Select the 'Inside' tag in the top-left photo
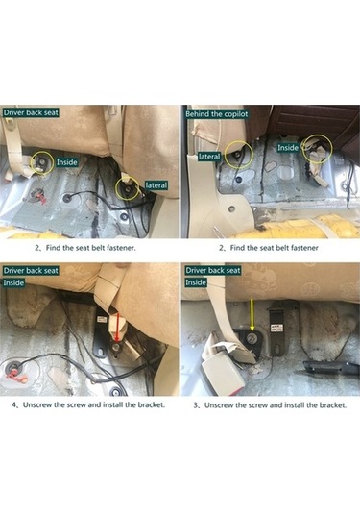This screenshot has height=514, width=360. coord(67,162)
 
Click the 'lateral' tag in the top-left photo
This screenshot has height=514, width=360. coord(156,184)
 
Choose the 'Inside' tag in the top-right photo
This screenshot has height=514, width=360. coord(289,147)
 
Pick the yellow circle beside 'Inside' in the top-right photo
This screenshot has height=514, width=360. coord(318,147)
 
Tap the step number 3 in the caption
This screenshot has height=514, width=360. coord(196,404)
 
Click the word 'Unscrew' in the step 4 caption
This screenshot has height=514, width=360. coord(41,404)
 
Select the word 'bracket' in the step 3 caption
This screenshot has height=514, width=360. coord(325,404)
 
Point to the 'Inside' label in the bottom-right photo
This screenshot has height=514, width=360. coord(196,283)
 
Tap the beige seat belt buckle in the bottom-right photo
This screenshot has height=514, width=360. coord(223,351)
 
